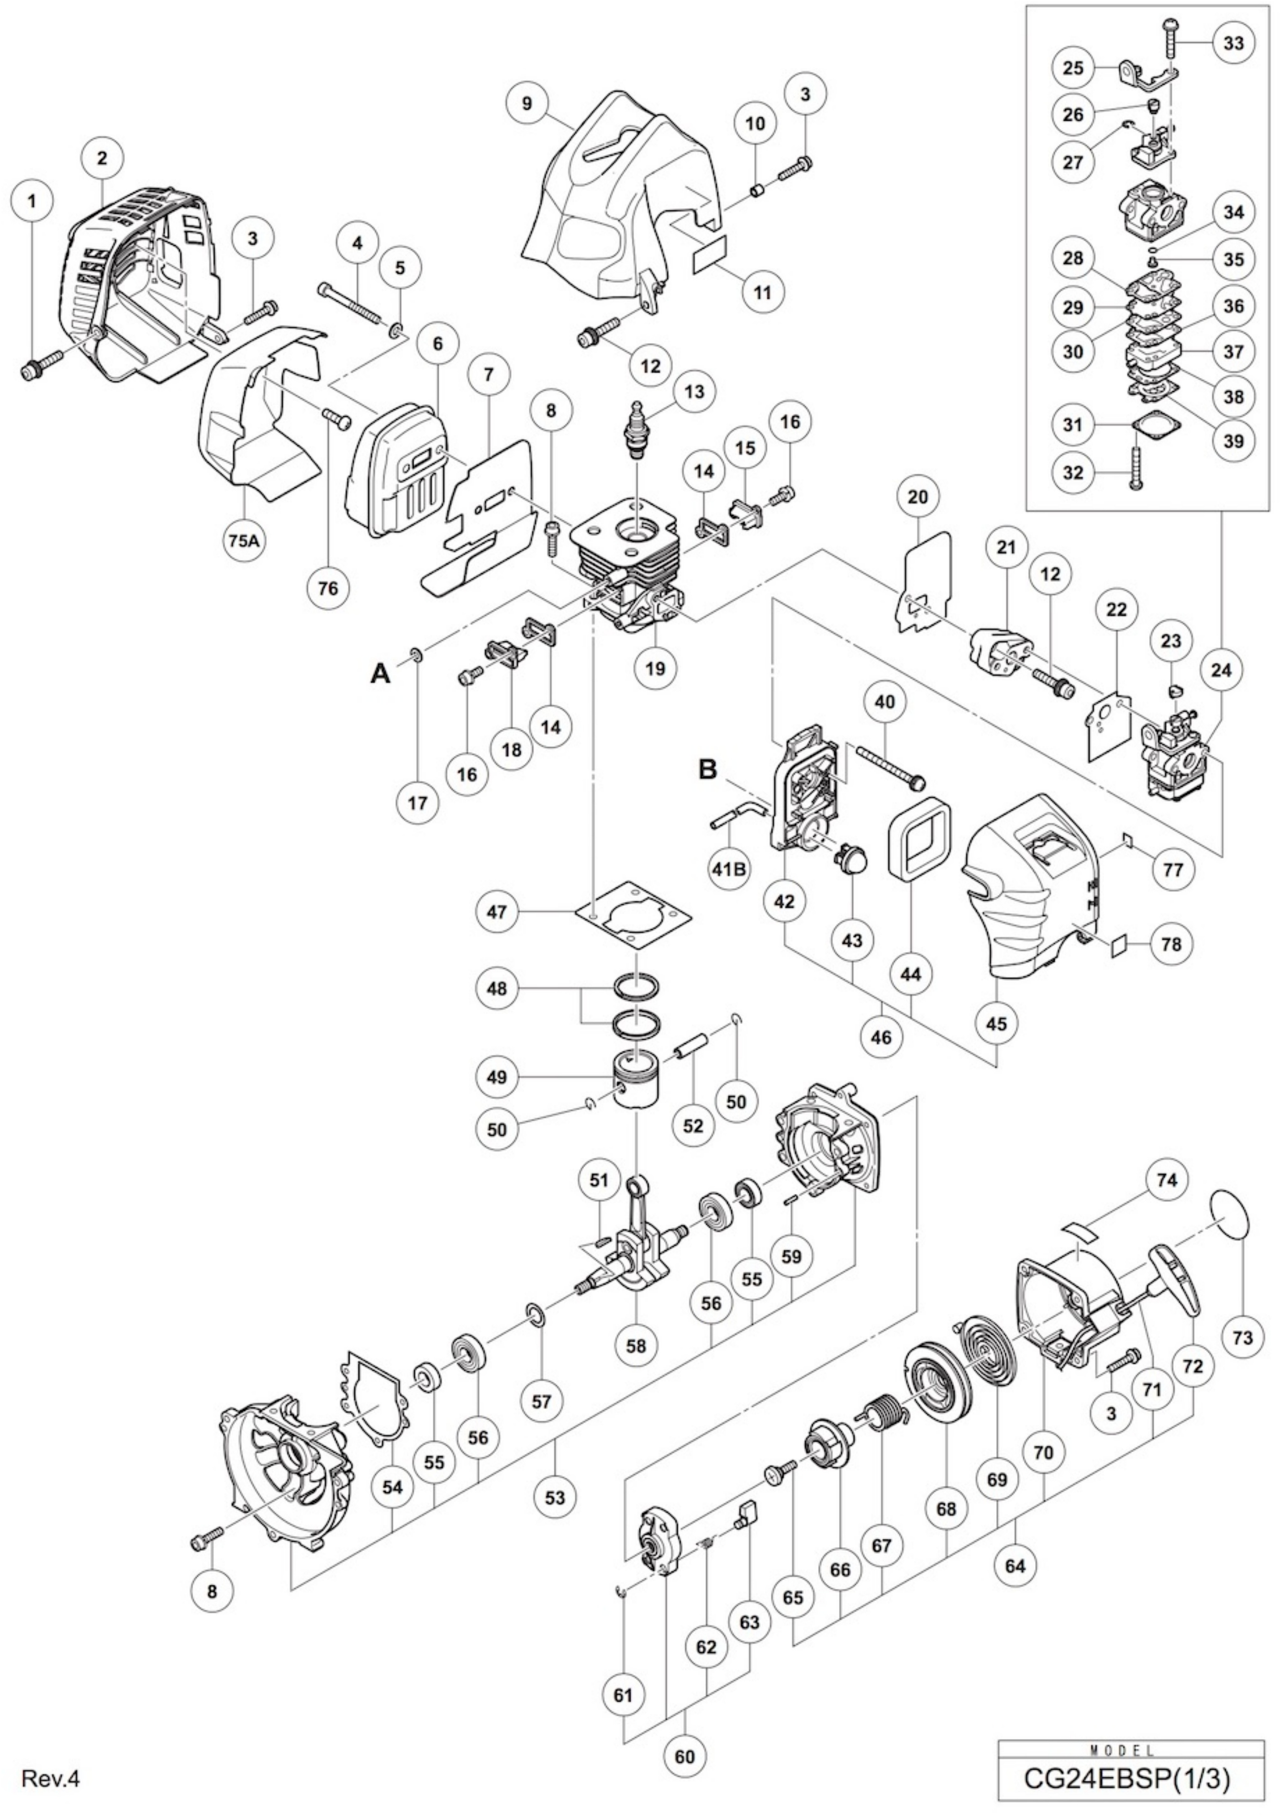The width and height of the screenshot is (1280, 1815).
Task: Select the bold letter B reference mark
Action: (709, 769)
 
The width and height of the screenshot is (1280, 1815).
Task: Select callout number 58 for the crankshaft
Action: (636, 1345)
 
